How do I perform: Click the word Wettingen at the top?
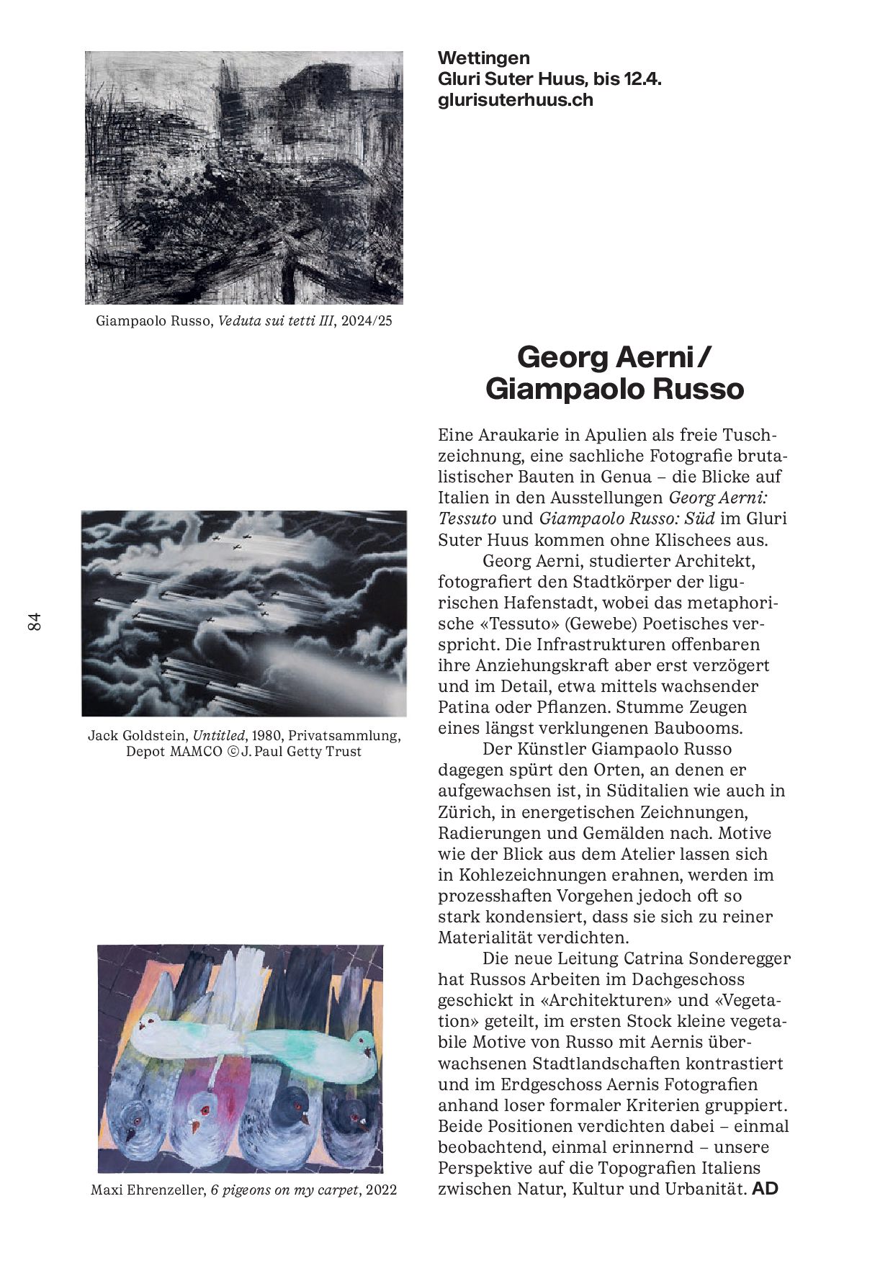tap(483, 58)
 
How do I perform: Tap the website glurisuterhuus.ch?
tap(516, 100)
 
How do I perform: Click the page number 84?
tap(35, 622)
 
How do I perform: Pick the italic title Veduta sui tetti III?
tap(276, 321)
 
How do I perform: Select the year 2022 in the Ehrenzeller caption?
tap(381, 1190)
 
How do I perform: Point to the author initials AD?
tap(765, 1189)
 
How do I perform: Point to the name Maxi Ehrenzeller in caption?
tap(148, 1190)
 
